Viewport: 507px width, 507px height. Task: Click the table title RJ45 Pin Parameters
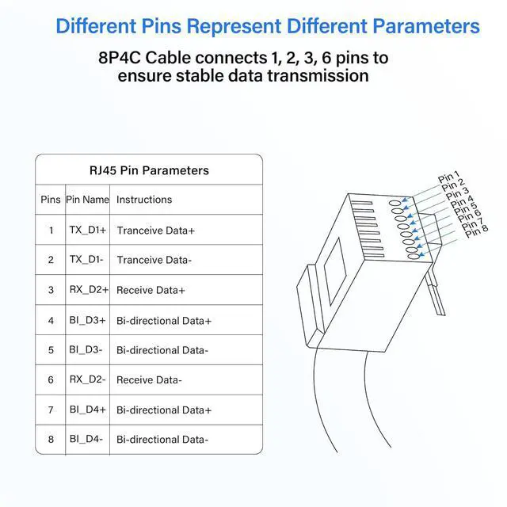[149, 170]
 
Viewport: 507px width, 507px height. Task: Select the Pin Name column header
[87, 200]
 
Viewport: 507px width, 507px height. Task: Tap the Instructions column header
[144, 200]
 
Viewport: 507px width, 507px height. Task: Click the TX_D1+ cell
[87, 230]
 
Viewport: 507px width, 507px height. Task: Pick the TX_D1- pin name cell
[86, 260]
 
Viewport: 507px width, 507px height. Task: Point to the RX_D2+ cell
[87, 290]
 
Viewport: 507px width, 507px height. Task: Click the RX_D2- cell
[87, 379]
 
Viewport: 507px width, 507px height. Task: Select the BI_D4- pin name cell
[86, 439]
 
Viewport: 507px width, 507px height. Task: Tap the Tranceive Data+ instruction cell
[155, 231]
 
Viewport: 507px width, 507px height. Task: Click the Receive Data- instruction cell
[149, 380]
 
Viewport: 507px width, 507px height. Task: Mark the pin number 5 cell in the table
[51, 349]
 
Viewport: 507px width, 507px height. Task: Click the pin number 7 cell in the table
[51, 410]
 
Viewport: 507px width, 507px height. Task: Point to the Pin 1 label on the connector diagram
[449, 178]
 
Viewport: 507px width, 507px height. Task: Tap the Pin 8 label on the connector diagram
[476, 232]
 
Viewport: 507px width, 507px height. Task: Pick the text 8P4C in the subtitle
[121, 59]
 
